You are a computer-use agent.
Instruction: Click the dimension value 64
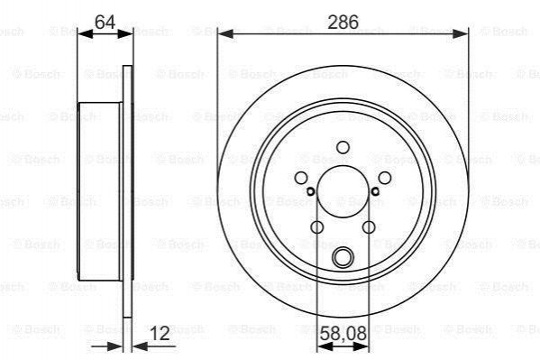[x=105, y=23]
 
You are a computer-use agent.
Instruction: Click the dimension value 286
[x=343, y=22]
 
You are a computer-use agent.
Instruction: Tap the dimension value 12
[x=160, y=333]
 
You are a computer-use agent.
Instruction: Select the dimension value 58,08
[x=343, y=334]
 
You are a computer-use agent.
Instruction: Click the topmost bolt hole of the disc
[x=343, y=147]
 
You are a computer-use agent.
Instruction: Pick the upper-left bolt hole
[x=301, y=178]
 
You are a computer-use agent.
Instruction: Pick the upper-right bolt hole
[x=385, y=178]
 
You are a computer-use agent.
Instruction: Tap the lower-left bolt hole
[x=316, y=227]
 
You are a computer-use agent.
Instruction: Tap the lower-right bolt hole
[x=369, y=227]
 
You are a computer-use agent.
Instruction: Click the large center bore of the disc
[x=343, y=191]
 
